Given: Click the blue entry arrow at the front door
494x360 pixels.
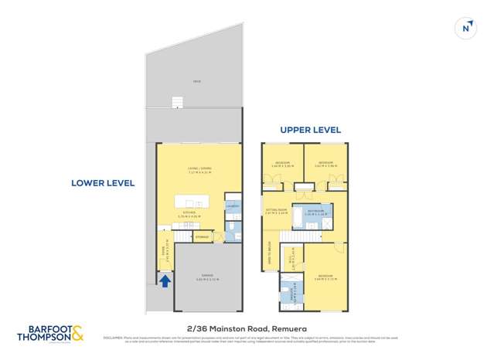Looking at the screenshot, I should click(165, 281).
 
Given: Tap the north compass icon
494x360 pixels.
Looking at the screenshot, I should click(465, 28).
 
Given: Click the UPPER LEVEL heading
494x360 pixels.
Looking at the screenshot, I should click(310, 130).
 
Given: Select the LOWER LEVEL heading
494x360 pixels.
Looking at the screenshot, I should click(103, 183).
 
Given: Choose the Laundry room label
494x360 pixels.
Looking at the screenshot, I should click(232, 205).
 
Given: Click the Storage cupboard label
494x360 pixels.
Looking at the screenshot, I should click(202, 236).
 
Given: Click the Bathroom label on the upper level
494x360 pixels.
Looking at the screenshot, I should click(314, 211).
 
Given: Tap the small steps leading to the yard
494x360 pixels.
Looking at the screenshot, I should click(177, 102).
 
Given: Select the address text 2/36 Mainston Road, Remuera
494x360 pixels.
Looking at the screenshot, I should click(247, 328).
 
